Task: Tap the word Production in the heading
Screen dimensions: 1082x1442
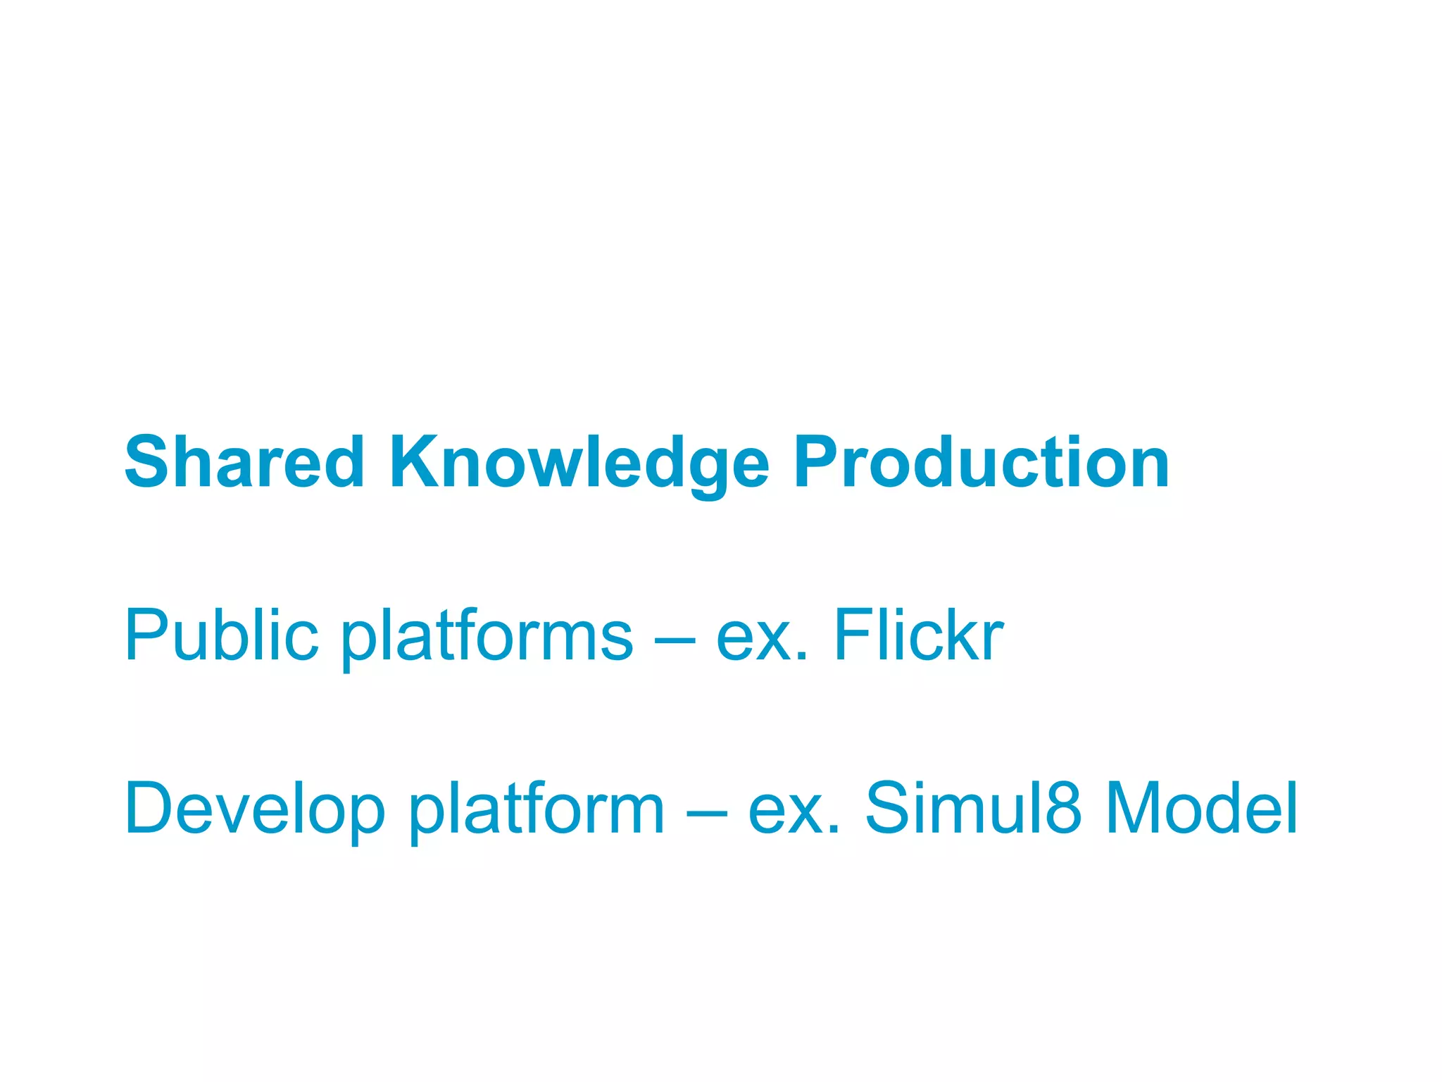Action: [x=981, y=462]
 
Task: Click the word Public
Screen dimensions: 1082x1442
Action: [x=221, y=635]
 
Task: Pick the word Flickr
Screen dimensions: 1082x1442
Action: [x=918, y=635]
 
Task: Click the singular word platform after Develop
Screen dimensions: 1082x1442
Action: [x=537, y=809]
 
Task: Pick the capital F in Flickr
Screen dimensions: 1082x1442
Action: [x=853, y=635]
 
